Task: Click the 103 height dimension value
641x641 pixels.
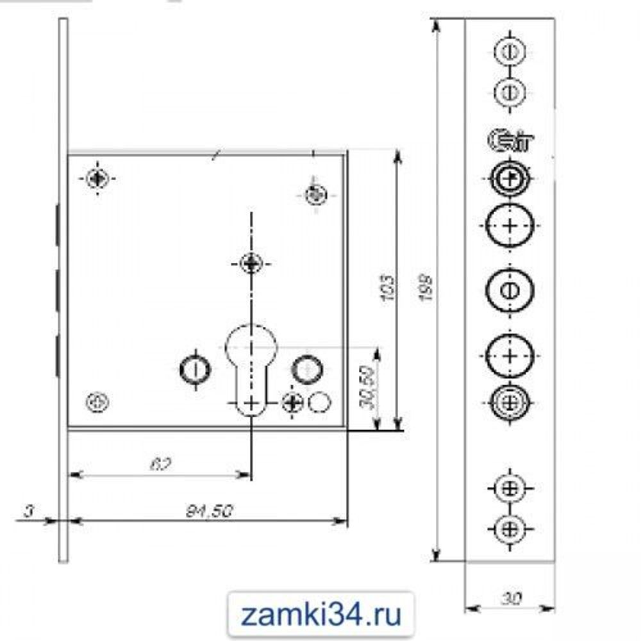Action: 386,290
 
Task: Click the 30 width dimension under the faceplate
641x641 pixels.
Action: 510,599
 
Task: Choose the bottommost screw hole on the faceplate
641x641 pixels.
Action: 510,529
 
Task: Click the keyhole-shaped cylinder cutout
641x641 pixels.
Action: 251,369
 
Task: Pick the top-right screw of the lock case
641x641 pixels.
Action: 315,194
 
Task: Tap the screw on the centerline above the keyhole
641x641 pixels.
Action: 251,262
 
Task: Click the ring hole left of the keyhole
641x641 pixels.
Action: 195,369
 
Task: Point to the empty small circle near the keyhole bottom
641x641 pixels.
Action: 319,402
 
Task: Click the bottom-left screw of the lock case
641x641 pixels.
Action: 97,402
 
